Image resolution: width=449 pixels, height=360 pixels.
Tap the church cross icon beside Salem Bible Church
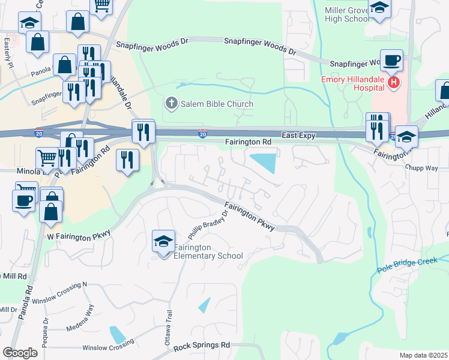coord(171,104)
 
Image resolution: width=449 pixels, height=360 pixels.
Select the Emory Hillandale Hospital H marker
coord(393,82)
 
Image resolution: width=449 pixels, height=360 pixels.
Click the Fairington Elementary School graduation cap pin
coord(163,242)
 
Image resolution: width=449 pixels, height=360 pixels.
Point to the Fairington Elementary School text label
coord(208,251)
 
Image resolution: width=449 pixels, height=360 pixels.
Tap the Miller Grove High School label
coord(347,14)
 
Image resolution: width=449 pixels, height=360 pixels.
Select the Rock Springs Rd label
coord(202,346)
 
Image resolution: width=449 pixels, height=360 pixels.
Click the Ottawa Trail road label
coord(169,327)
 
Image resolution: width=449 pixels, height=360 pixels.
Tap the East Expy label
coord(299,136)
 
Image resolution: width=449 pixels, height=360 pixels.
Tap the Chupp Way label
coord(422,168)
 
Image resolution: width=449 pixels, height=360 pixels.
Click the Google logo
coord(20,353)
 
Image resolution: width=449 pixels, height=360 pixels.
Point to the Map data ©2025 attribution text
coord(423,355)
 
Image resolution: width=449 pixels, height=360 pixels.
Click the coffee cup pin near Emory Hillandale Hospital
coord(391,60)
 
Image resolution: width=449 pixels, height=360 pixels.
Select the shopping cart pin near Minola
coord(47,158)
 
